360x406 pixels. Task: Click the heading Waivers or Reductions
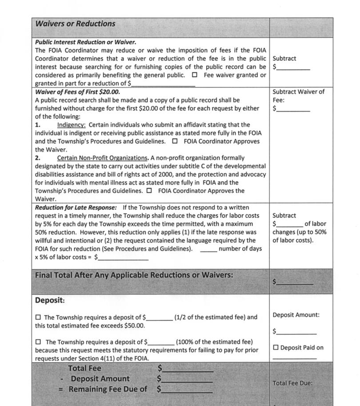pos(75,24)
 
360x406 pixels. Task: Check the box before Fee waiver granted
pos(195,75)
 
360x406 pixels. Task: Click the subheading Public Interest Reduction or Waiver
pos(85,42)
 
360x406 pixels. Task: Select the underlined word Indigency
pos(71,125)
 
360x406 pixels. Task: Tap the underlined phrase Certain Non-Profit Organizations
pos(102,158)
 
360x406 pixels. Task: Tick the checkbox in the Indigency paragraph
pos(175,141)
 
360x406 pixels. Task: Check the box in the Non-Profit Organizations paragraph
pos(149,191)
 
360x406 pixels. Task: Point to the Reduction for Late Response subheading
pos(76,207)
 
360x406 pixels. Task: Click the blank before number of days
pos(208,249)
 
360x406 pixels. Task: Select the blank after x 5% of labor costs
pos(123,258)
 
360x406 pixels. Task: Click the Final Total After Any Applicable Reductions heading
pos(134,275)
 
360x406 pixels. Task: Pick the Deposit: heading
pos(50,300)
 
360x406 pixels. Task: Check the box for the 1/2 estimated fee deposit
pos(38,317)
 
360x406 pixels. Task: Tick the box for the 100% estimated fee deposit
pos(38,342)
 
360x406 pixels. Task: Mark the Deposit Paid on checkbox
pos(276,347)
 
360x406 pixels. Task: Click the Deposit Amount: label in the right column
pos(296,315)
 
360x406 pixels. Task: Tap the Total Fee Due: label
pos(292,383)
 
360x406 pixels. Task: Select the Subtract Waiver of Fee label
pos(298,96)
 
